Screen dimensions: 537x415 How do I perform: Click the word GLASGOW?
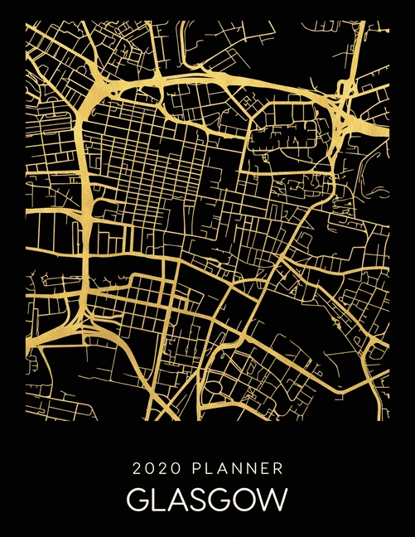[x=207, y=501]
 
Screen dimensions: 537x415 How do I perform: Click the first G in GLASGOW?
[x=138, y=501]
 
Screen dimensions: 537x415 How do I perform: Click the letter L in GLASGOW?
[x=158, y=501]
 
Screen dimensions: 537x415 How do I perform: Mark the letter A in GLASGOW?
[x=178, y=501]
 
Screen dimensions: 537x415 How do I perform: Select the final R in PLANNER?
[x=278, y=469]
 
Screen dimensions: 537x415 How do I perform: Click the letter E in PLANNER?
[x=264, y=469]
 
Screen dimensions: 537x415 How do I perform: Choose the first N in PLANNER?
[x=234, y=469]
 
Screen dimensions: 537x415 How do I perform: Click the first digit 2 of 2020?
[x=137, y=469]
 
